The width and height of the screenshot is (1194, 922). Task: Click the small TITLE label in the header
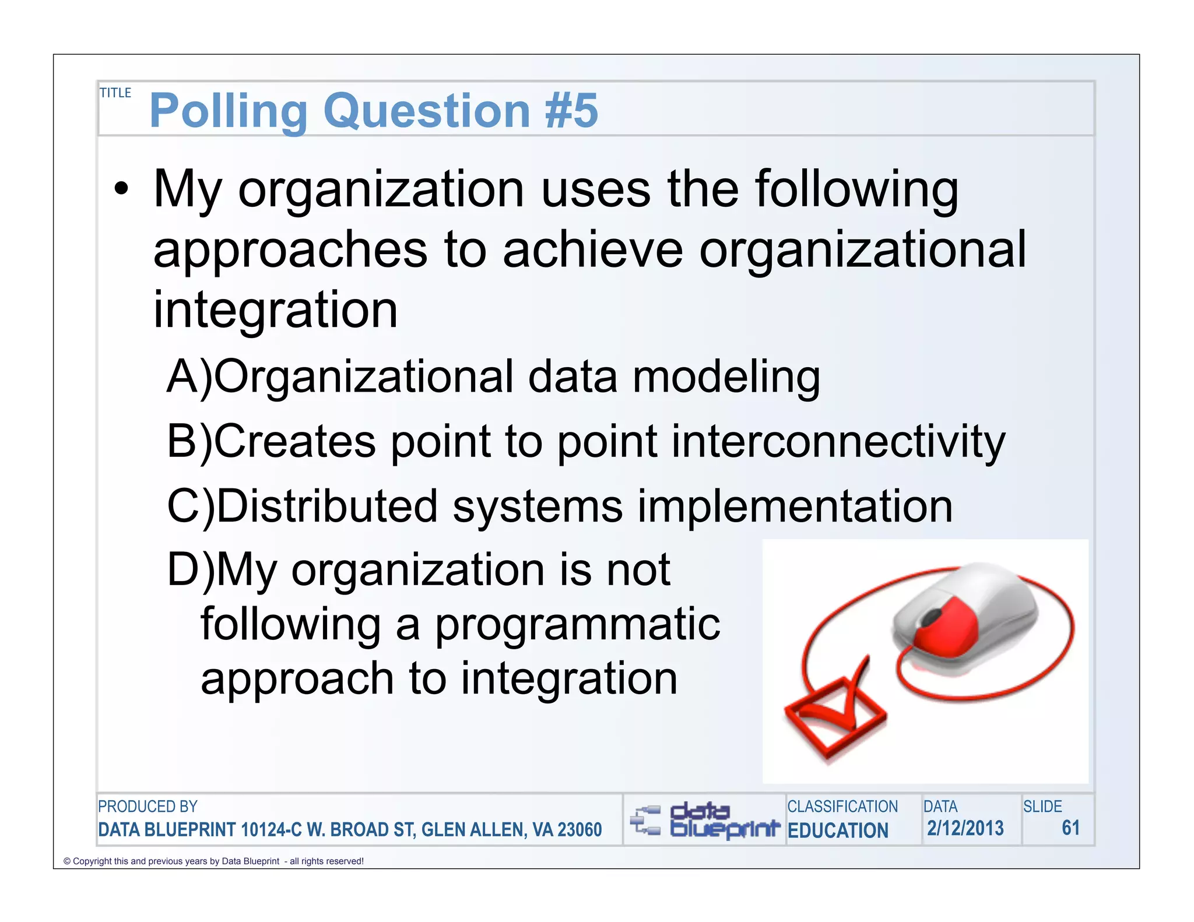point(115,93)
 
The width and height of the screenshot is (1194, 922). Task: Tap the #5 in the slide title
point(571,111)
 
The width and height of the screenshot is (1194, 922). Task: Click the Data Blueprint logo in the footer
point(705,820)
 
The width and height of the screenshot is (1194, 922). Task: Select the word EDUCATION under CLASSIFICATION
point(838,830)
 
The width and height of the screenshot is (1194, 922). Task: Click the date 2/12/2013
point(965,828)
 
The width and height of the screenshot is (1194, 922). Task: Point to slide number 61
point(1070,828)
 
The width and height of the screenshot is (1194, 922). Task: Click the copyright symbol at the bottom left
point(67,861)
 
